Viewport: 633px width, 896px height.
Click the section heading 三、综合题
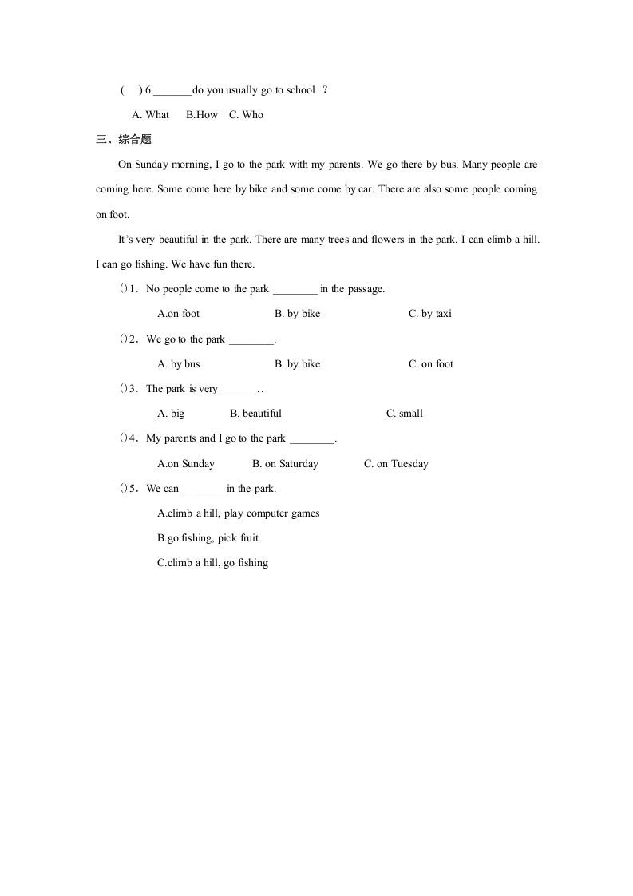[x=123, y=140]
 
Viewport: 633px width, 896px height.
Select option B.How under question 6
[x=201, y=115]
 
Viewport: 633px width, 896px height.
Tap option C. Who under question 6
[x=246, y=115]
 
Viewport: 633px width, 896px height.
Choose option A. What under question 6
[x=151, y=115]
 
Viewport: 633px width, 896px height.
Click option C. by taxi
[x=429, y=314]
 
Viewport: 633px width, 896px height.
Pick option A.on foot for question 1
[x=179, y=314]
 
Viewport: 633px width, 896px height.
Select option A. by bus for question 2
[x=179, y=364]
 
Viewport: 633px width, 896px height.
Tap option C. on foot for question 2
[x=431, y=364]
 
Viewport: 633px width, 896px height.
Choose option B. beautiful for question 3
[x=255, y=414]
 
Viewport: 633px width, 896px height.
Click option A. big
[x=171, y=414]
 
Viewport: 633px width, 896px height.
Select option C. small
[x=405, y=414]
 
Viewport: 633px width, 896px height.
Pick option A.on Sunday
[x=186, y=464]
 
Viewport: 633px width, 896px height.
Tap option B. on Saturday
[x=285, y=464]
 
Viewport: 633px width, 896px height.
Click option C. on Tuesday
[x=396, y=464]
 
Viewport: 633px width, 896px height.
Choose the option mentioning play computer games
[x=238, y=513]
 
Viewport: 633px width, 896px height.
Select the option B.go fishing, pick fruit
[x=208, y=538]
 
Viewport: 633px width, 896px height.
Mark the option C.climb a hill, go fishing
[x=212, y=563]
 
